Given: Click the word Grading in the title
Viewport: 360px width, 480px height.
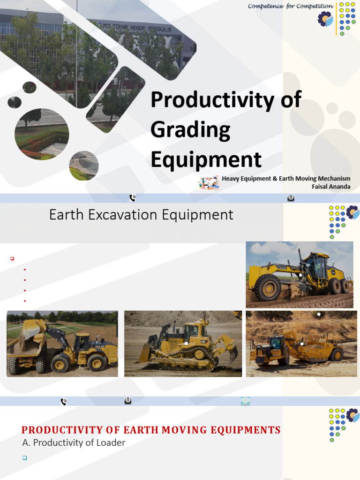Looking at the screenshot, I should (x=190, y=130).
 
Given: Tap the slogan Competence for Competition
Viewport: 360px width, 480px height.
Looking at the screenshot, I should (x=290, y=6).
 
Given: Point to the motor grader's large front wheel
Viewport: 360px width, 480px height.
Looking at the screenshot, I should (x=268, y=287).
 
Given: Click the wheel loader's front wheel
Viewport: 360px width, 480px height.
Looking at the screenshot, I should (x=60, y=363).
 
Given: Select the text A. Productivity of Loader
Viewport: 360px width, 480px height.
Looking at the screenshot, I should (x=74, y=442).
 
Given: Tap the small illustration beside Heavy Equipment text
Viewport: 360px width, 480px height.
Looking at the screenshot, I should (x=209, y=182).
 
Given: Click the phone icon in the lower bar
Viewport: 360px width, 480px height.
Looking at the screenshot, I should (x=64, y=401).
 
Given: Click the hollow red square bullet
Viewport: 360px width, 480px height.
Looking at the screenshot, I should (x=13, y=258).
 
